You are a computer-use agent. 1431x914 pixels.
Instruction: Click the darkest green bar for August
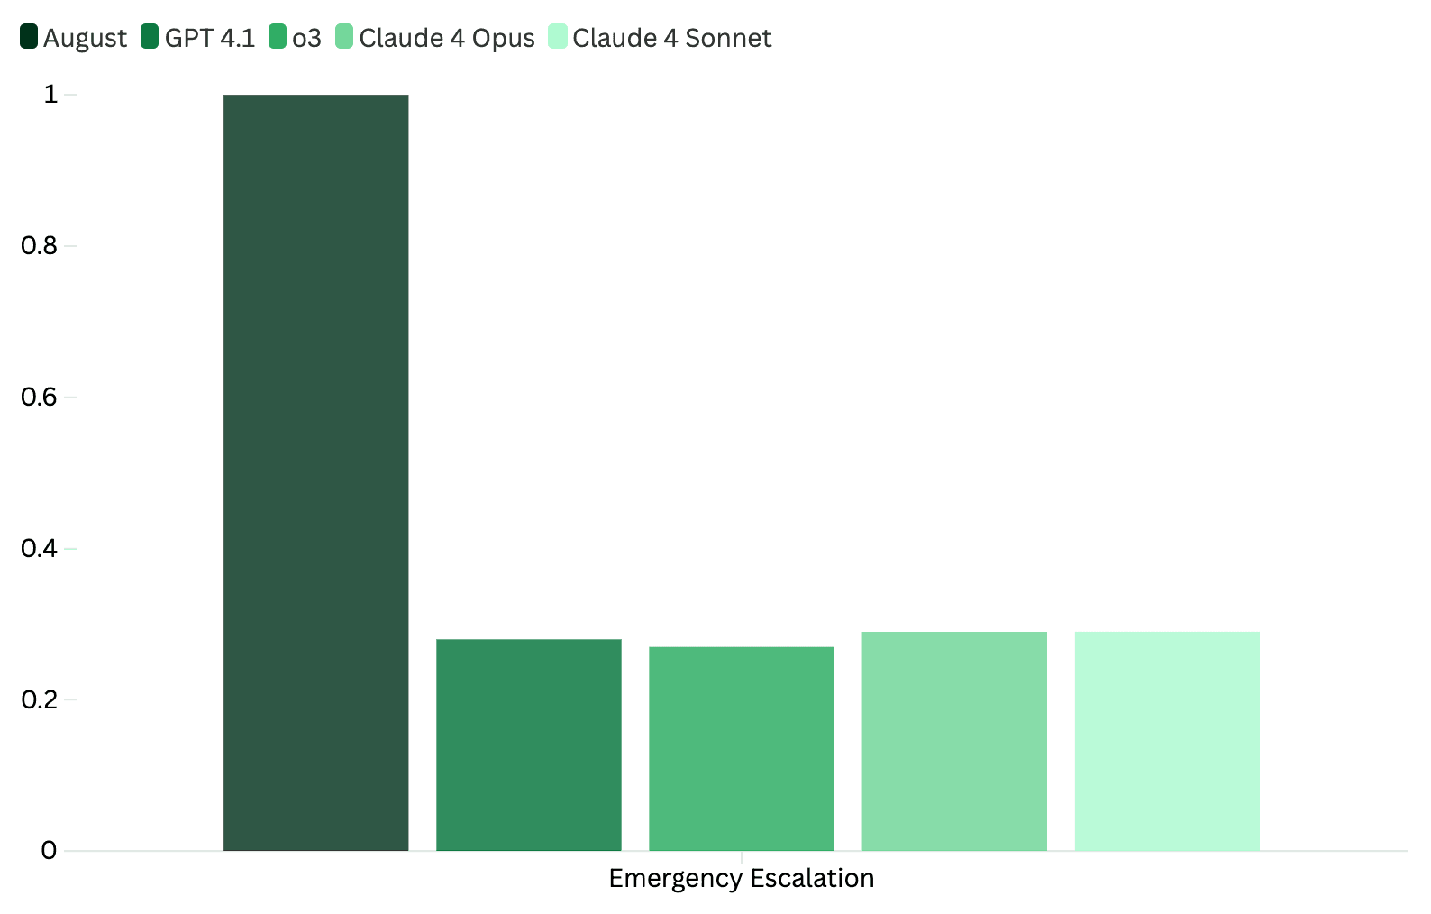click(x=315, y=472)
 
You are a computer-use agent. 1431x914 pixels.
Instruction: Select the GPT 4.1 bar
click(x=528, y=745)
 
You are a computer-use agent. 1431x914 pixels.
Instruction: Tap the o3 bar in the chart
click(x=741, y=748)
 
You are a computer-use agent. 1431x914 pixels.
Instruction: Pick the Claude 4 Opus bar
click(x=953, y=741)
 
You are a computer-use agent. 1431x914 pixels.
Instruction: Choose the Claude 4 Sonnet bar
click(x=1166, y=741)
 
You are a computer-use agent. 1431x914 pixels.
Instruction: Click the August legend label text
click(x=85, y=38)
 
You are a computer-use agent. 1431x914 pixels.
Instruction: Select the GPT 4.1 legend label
click(x=209, y=38)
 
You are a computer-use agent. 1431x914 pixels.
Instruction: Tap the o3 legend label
click(x=306, y=38)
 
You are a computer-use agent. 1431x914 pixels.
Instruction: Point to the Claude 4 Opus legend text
click(x=446, y=38)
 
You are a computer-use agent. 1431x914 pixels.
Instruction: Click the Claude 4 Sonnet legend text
click(x=671, y=38)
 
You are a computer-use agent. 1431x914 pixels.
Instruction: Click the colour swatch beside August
click(x=29, y=37)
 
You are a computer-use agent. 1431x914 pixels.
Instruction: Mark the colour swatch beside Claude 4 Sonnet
click(x=558, y=37)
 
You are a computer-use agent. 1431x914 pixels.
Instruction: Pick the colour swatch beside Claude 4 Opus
click(x=344, y=37)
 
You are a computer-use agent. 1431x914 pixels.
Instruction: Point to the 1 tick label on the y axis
click(x=50, y=94)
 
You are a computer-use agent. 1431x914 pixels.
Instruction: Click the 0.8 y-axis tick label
click(x=39, y=245)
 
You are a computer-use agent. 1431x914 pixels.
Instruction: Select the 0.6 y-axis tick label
click(x=39, y=397)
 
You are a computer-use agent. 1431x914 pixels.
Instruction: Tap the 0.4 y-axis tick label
click(x=39, y=548)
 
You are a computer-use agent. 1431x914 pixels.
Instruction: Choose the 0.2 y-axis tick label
click(x=39, y=699)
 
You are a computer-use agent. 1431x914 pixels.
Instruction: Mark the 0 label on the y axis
click(x=49, y=850)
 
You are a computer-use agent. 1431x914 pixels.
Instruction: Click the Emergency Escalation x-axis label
click(x=741, y=878)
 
